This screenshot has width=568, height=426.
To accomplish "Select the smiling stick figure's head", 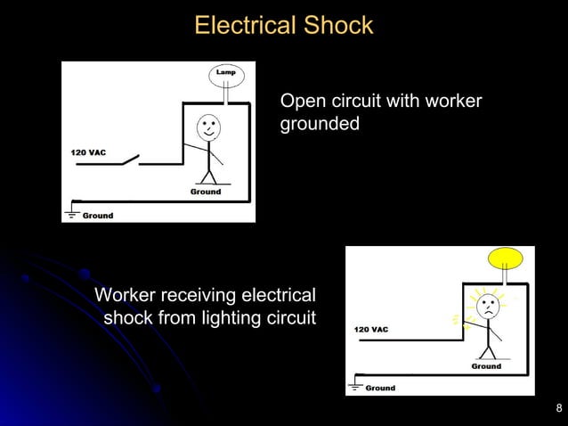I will (x=207, y=127).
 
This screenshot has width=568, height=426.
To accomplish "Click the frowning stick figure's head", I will (x=489, y=308).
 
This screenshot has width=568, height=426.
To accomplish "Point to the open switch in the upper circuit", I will (x=130, y=161).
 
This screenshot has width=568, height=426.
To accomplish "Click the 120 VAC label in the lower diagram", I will (x=371, y=330).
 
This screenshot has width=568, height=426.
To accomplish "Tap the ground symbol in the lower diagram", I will (x=356, y=385).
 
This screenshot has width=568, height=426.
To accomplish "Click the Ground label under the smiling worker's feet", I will (x=206, y=192).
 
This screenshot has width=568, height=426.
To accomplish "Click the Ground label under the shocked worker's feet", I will (x=486, y=366).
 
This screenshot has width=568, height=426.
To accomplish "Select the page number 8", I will (x=558, y=409).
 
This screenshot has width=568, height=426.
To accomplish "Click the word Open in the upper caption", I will (x=300, y=101).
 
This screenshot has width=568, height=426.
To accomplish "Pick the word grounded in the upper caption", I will (x=320, y=123).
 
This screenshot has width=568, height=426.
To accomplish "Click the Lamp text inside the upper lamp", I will (x=226, y=71).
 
